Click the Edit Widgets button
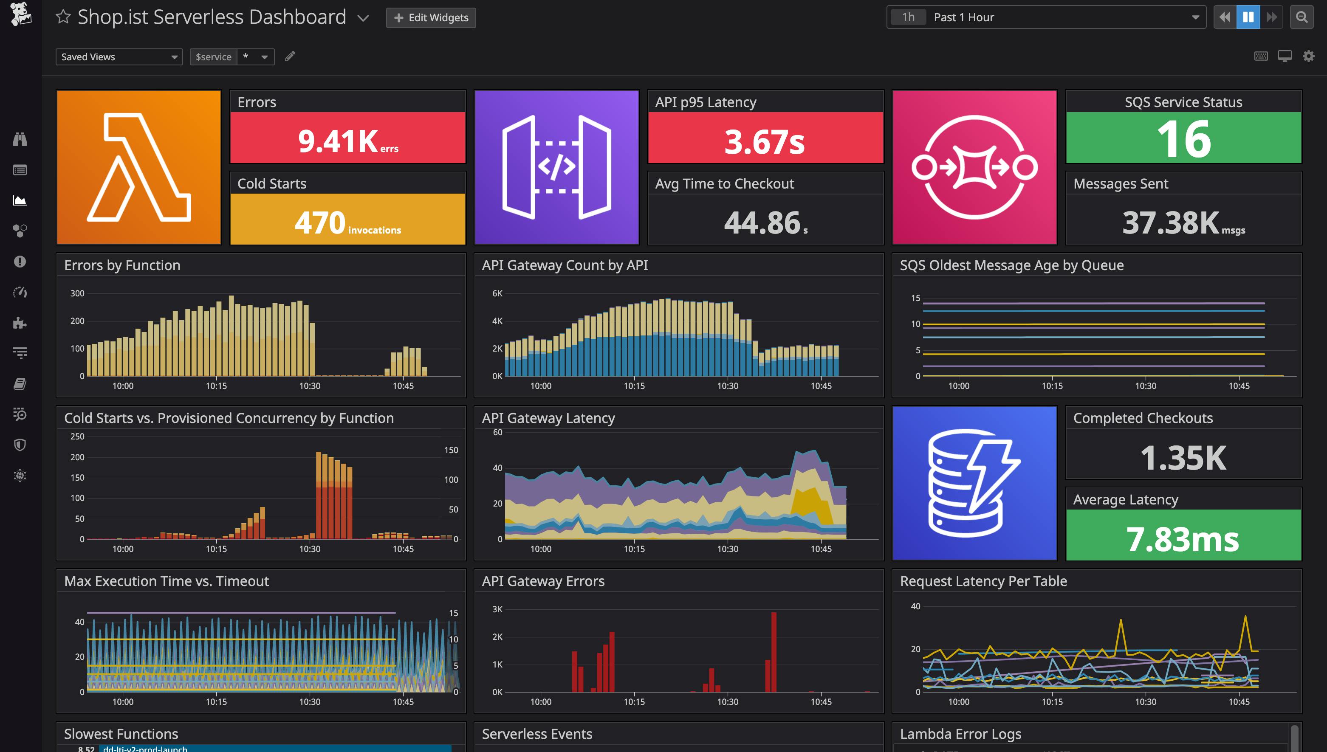(431, 17)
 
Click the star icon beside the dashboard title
(63, 17)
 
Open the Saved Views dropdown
(119, 57)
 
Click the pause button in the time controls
(1248, 17)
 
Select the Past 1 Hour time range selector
(1046, 17)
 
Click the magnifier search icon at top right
(1302, 17)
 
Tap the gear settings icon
(1308, 56)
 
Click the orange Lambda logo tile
(138, 167)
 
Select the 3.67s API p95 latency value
(765, 141)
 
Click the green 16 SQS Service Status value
(1183, 138)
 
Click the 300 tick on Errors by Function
(77, 293)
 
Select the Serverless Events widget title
(536, 733)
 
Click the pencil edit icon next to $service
(290, 56)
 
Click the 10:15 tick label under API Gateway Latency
(634, 549)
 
